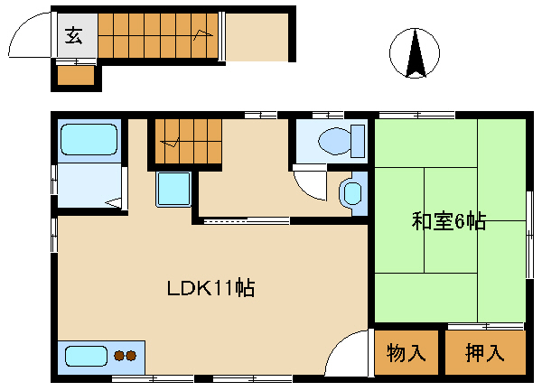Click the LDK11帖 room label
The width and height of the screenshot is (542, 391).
coord(210,288)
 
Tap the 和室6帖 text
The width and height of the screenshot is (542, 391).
coord(449,221)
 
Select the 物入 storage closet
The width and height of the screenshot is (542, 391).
coord(406,352)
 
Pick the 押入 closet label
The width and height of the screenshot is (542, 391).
coord(484,353)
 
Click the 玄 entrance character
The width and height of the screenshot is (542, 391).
coord(74,36)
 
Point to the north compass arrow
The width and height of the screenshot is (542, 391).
coord(416,53)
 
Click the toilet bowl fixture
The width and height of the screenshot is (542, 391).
coord(334,141)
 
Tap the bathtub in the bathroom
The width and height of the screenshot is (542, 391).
coord(89,139)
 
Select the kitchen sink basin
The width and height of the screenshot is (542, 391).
coord(86,356)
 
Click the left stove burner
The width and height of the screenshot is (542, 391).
coord(119,356)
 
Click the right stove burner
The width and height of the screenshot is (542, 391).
coord(131,356)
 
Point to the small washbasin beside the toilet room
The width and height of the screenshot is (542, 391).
coord(353,193)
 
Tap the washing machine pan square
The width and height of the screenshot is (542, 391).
coord(173,189)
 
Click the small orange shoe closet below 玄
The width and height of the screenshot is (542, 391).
coord(76,75)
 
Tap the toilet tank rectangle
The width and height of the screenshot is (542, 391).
coord(358,141)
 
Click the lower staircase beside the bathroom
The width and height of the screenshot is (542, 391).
coord(188,142)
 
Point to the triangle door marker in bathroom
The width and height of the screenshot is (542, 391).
coord(113,203)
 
